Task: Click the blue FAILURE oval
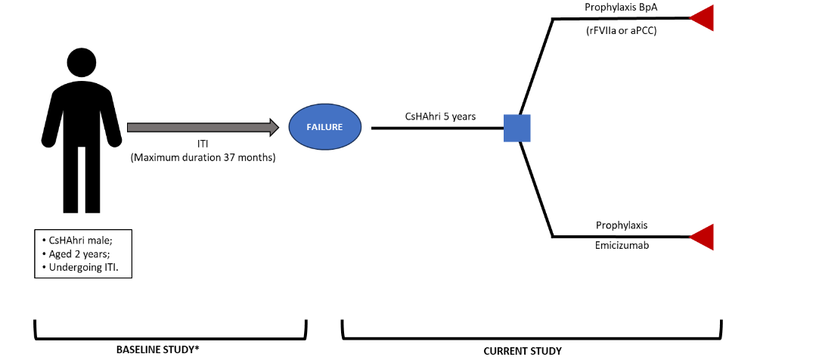coord(325,127)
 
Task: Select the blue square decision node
coord(517,128)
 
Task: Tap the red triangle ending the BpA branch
coord(703,18)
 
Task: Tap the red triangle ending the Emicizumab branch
coord(703,237)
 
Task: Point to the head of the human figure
coord(82,61)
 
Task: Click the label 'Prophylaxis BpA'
coord(621,7)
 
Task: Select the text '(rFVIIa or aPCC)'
coord(621,31)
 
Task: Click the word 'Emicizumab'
coord(621,247)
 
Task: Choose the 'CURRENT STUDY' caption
coord(523,351)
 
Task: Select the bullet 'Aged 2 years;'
coord(74,254)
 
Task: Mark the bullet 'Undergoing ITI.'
coord(78,267)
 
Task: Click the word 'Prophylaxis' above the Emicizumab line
coord(621,225)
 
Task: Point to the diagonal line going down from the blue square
coord(538,189)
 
